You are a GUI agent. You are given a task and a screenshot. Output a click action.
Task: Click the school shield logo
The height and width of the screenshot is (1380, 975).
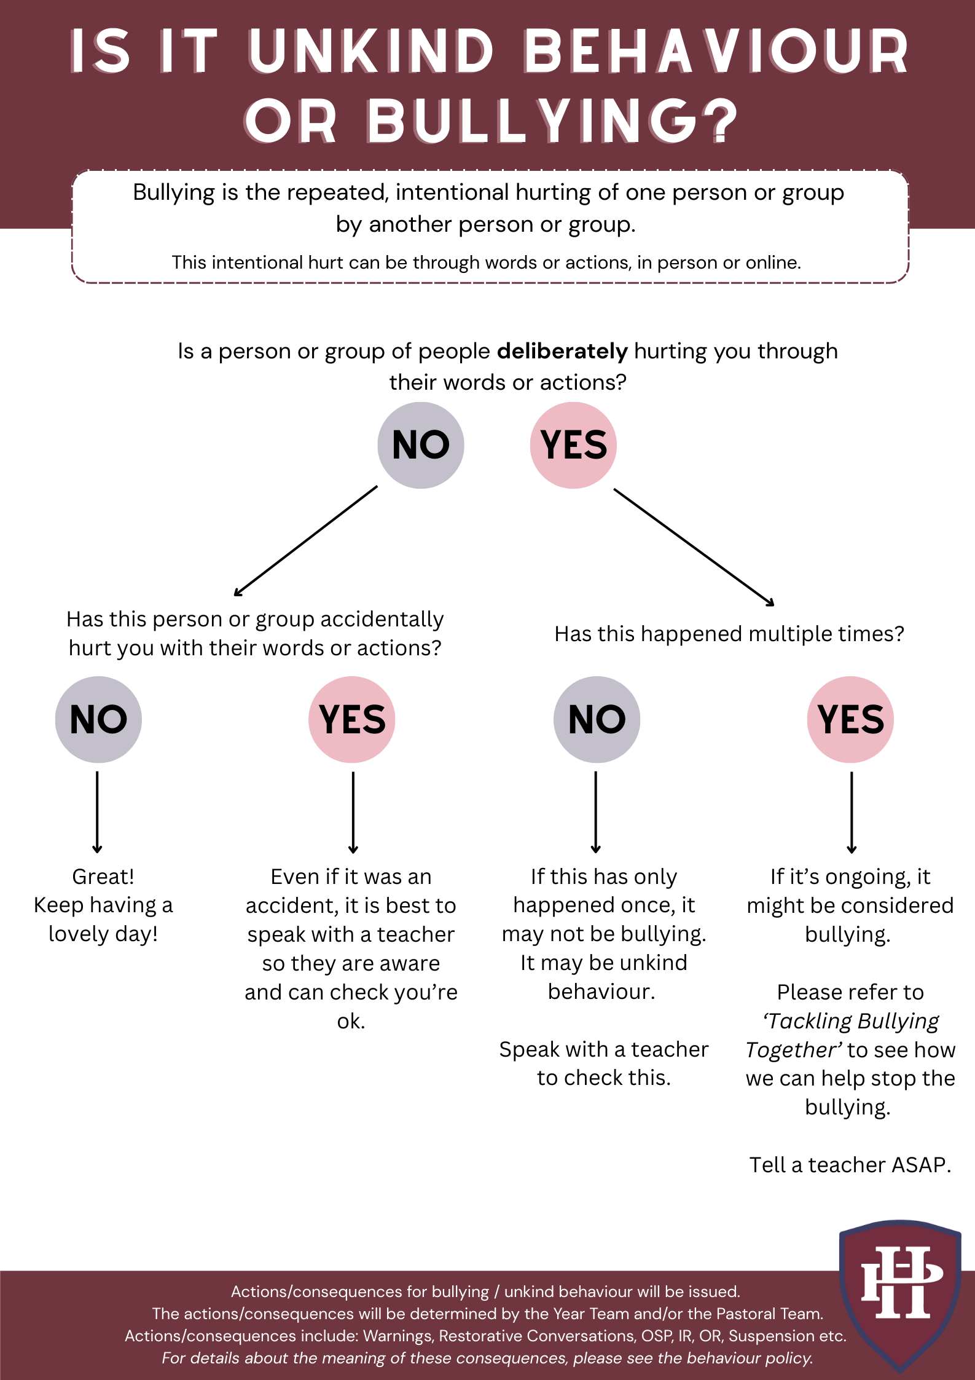[900, 1295]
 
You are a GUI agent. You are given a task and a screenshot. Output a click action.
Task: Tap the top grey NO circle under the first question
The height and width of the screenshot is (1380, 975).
[421, 445]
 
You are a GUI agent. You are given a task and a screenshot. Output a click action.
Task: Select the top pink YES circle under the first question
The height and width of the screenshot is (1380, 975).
[573, 445]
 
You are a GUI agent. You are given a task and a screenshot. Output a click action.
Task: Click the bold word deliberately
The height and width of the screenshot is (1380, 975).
[562, 351]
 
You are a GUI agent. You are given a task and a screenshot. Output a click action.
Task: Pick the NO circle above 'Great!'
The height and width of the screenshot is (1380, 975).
[98, 719]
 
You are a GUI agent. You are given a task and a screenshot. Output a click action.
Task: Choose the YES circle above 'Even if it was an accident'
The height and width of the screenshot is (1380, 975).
[352, 719]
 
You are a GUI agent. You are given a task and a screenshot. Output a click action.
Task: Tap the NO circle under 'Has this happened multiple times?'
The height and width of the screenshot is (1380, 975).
[597, 719]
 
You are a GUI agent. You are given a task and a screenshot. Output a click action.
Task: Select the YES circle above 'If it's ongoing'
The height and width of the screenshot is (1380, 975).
[850, 719]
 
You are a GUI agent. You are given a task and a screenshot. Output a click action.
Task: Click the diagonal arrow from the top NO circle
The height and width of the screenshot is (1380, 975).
[305, 541]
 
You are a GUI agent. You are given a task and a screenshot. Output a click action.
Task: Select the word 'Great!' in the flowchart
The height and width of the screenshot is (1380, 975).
[103, 876]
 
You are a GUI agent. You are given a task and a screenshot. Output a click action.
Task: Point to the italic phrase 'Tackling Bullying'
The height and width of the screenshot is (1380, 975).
[852, 1021]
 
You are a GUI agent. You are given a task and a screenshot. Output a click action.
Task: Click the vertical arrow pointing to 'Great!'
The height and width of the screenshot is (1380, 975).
[97, 811]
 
